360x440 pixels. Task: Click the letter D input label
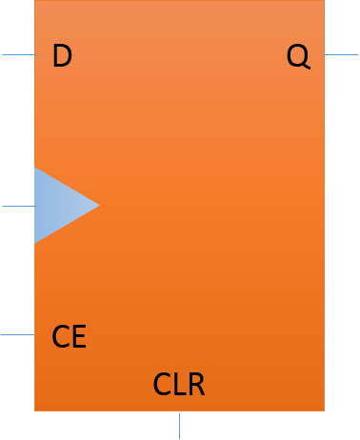click(x=62, y=57)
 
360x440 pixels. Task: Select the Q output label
click(x=298, y=57)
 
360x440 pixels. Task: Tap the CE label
click(x=70, y=337)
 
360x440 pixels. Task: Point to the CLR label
click(x=179, y=386)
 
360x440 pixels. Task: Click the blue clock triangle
click(x=59, y=205)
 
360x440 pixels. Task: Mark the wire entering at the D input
click(x=17, y=54)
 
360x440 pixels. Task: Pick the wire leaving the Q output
click(x=342, y=54)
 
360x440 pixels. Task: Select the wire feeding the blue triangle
click(x=17, y=206)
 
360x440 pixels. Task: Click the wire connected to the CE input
click(x=17, y=334)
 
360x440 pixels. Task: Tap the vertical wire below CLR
click(x=179, y=425)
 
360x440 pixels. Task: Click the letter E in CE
click(x=79, y=337)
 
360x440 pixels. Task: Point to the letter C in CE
click(x=60, y=337)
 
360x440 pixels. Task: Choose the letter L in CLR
click(x=179, y=386)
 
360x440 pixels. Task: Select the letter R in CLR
click(x=195, y=386)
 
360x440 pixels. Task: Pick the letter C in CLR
click(x=162, y=386)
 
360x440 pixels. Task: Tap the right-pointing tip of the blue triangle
click(x=98, y=205)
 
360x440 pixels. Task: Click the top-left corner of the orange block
click(x=35, y=1)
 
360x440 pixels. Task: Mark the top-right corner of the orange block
click(x=324, y=1)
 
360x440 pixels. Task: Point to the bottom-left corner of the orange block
click(x=35, y=410)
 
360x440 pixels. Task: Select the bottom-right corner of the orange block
click(x=324, y=410)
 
